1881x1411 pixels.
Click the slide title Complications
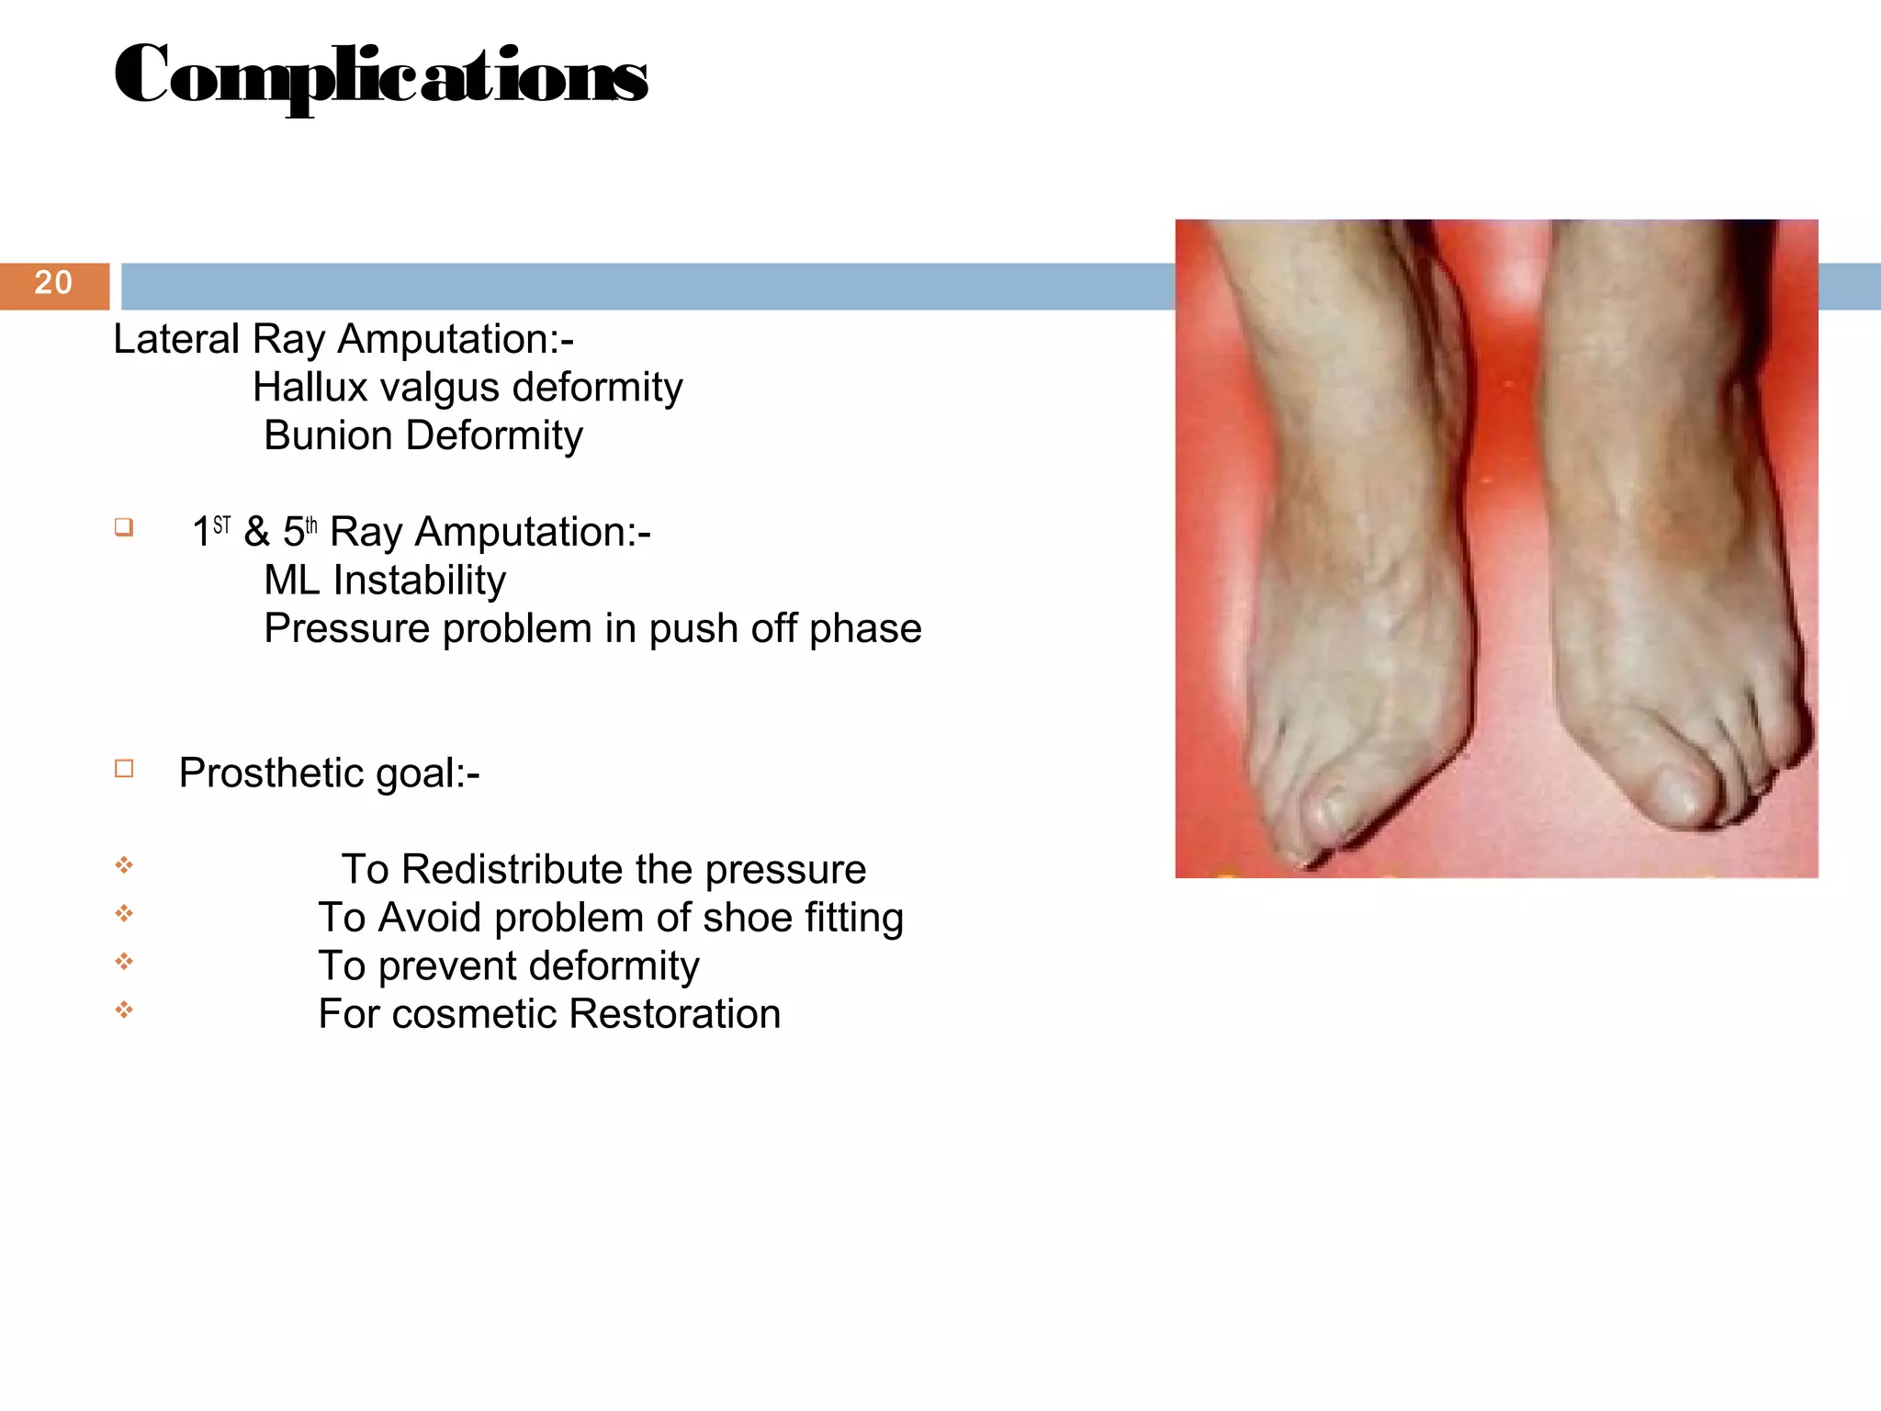[381, 76]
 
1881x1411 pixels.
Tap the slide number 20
[53, 283]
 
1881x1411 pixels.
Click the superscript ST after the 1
[221, 525]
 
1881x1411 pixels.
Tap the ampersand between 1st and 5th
[256, 532]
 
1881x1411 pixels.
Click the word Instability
[420, 581]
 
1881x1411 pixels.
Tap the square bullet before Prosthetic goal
[124, 769]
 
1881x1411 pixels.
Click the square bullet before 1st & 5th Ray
[124, 527]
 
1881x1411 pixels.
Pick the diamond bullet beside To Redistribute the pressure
[124, 865]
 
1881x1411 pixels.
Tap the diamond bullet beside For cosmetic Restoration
[124, 1010]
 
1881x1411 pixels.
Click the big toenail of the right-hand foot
[1677, 790]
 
